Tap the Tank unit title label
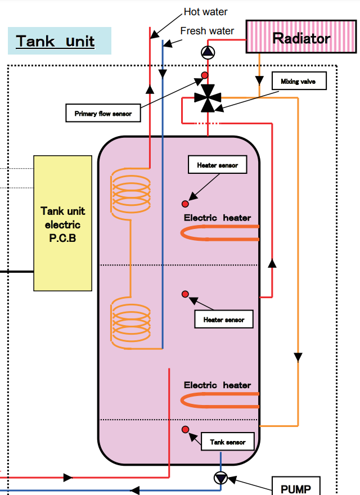coord(55,41)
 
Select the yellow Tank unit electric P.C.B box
coord(63,223)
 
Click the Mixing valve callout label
coord(298,82)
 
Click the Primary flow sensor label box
coord(103,114)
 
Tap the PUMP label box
coord(296,487)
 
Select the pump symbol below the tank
coord(220,479)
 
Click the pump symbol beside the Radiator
coord(208,53)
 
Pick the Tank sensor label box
coord(228,442)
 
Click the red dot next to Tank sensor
coord(185,430)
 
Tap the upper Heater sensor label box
coord(217,165)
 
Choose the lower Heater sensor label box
coord(224,319)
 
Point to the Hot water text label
coord(206,12)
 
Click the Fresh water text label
coord(207,30)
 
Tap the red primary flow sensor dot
coord(205,75)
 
